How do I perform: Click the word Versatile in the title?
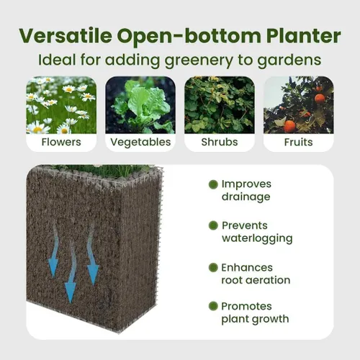[66, 36]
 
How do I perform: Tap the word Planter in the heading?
[303, 36]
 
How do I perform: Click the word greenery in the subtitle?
[199, 60]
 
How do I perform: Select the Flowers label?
[61, 142]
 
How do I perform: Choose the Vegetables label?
[140, 143]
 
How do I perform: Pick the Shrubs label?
[220, 142]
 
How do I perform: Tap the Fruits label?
[298, 142]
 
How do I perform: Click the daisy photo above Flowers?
[61, 105]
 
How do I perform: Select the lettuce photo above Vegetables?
[140, 105]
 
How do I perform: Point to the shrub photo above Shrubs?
[220, 105]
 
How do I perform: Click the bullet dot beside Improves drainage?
[213, 184]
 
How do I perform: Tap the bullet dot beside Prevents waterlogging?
[213, 225]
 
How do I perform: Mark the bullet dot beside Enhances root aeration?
[213, 267]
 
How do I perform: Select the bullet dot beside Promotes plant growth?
[213, 306]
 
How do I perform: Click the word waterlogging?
[257, 239]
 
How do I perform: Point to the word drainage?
[246, 197]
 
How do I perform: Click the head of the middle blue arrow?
[71, 292]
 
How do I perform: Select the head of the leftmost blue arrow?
[53, 268]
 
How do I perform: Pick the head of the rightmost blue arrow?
[93, 274]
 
